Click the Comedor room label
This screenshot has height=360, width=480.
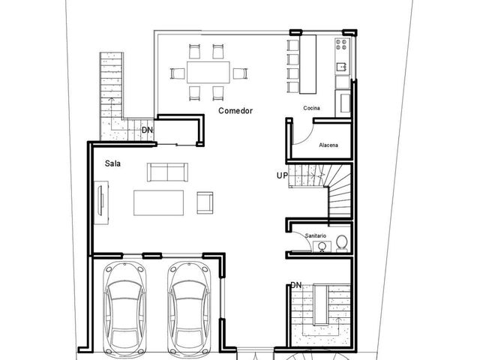coord(235,110)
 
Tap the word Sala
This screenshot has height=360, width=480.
coord(112,163)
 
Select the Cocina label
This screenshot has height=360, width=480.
coord(312,108)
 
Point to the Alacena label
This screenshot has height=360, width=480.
coord(328,145)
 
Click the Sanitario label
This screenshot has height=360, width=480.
coord(316,235)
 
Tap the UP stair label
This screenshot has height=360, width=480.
coord(282,175)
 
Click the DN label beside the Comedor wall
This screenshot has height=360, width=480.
coord(147,130)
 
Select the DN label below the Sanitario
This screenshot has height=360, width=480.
coord(296,285)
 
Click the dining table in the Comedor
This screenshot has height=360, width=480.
coord(208,72)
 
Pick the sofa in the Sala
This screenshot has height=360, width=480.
coord(167,172)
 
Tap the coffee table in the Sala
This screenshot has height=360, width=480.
coord(158,203)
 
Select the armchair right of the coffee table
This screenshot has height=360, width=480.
coord(205,202)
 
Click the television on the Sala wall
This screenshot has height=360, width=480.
coord(100,200)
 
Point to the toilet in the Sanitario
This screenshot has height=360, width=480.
coord(342,243)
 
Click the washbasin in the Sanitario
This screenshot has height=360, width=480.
coord(322,247)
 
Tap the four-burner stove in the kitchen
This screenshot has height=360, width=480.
coord(342,44)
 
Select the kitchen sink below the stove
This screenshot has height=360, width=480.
coord(342,67)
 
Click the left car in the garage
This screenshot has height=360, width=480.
coord(125,309)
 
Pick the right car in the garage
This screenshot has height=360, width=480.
coord(189,309)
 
